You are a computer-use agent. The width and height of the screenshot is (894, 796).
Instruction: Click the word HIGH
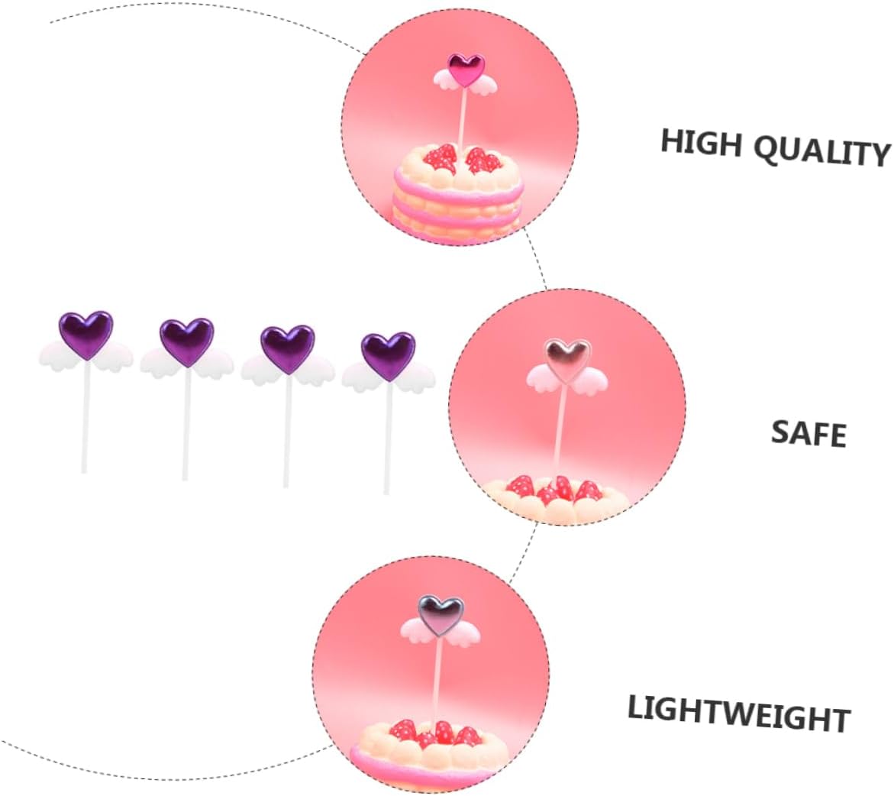[x=702, y=142]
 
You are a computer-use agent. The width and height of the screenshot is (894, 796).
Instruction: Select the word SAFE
[x=808, y=434]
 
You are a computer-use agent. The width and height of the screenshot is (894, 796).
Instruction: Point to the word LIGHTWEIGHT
[x=739, y=713]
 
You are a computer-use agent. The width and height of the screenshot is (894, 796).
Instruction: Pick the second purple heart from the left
[x=187, y=341]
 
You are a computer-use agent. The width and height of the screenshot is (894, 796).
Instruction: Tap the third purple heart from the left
[x=288, y=348]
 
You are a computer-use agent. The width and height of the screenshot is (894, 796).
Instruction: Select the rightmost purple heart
[x=389, y=355]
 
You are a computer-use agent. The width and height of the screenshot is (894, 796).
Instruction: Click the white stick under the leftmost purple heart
[x=86, y=416]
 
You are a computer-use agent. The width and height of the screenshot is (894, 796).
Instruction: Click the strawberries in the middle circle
[x=553, y=490]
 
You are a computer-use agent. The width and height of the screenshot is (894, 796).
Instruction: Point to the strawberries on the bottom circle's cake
[x=436, y=733]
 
